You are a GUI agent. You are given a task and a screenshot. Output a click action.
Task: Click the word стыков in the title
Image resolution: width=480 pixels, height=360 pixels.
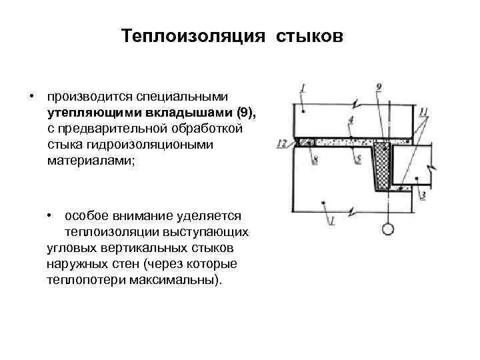click(x=307, y=34)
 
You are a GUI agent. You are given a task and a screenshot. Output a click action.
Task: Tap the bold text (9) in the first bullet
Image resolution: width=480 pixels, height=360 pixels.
click(x=244, y=111)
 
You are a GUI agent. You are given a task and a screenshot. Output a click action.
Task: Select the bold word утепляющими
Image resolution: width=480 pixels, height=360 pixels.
click(x=89, y=111)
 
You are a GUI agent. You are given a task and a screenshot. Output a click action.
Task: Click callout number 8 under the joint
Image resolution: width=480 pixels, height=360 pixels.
click(x=315, y=159)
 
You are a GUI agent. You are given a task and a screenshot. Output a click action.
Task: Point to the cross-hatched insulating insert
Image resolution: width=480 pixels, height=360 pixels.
click(x=383, y=167)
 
